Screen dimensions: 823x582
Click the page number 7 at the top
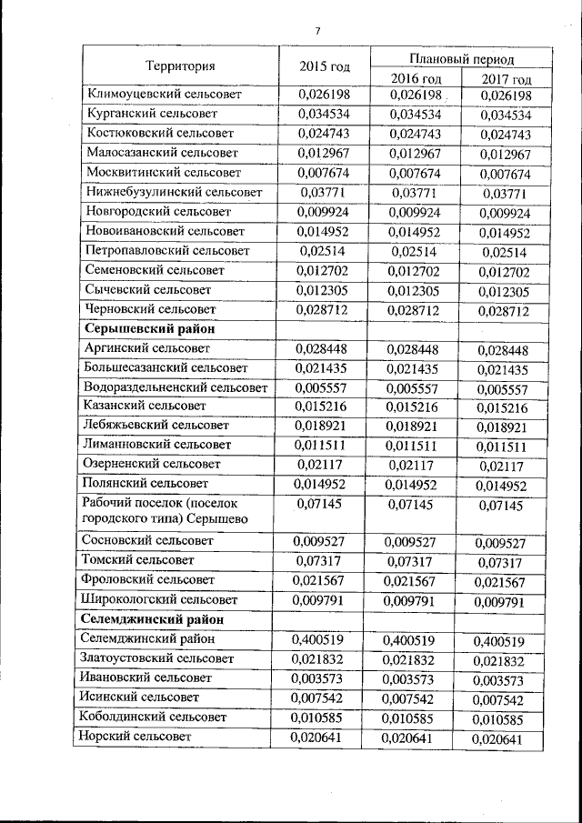point(317,31)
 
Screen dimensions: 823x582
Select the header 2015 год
point(325,65)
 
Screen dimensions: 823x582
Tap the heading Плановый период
point(461,58)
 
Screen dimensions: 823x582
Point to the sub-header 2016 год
point(416,79)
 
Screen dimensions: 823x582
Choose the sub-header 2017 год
point(506,79)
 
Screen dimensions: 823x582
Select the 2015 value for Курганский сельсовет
point(325,114)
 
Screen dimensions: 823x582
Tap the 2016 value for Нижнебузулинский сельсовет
point(416,192)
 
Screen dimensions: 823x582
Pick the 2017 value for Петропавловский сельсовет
point(506,251)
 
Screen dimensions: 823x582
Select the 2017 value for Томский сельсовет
point(506,562)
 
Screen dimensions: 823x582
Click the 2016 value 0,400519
point(416,639)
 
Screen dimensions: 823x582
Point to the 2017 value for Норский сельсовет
point(506,738)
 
